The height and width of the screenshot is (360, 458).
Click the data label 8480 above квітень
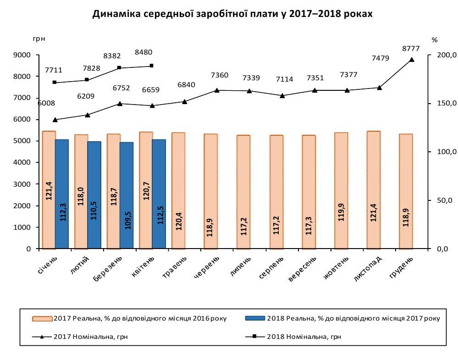[143, 52]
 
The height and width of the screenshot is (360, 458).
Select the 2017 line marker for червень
[217, 90]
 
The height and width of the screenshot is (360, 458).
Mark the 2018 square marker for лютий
[88, 80]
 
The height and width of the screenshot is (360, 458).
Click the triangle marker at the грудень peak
[411, 60]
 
